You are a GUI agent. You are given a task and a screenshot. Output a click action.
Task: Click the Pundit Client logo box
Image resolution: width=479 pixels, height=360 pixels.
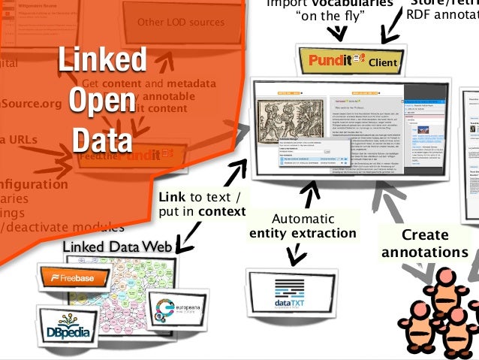pyautogui.click(x=351, y=59)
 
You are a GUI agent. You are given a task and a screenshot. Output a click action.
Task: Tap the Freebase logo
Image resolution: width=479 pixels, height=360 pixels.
pyautogui.click(x=75, y=277)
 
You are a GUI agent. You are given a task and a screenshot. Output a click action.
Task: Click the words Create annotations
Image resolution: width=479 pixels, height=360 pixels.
pyautogui.click(x=424, y=244)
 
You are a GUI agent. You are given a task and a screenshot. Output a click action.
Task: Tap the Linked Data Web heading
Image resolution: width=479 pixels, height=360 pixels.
pyautogui.click(x=119, y=247)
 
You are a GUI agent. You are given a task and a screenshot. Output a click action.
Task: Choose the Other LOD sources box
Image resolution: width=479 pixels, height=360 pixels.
pyautogui.click(x=180, y=23)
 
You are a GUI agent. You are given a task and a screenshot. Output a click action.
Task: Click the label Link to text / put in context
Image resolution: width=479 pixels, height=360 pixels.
pyautogui.click(x=201, y=204)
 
